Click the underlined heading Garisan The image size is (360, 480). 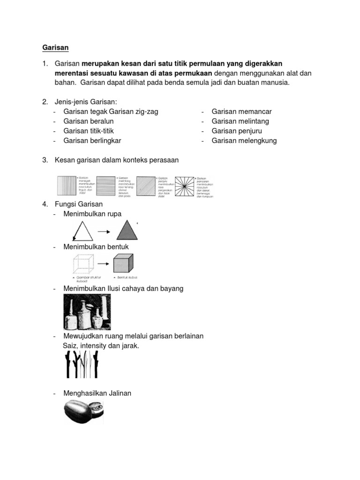tap(55, 47)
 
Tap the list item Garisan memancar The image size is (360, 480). tap(241, 112)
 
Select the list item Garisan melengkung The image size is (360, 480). tap(244, 141)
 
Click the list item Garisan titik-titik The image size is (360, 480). tap(89, 131)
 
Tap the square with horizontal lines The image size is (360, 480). tap(107, 186)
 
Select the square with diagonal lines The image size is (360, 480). tap(147, 186)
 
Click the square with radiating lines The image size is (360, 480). tap(186, 186)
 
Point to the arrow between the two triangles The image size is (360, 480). tap(104, 231)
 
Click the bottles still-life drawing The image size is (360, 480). tap(87, 312)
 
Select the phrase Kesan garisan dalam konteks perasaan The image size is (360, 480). tap(117, 160)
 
